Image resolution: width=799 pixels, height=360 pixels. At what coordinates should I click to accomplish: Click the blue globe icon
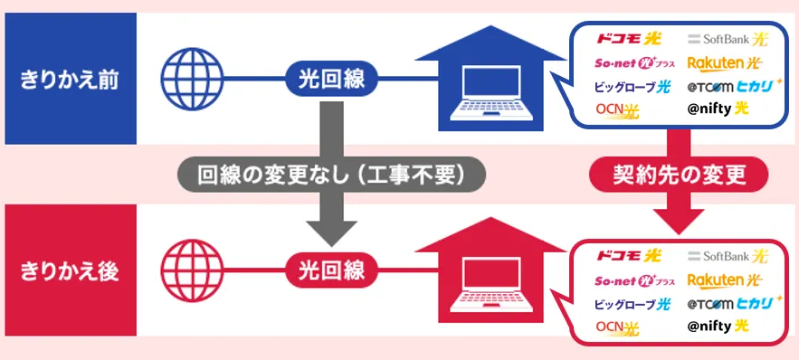click(x=192, y=79)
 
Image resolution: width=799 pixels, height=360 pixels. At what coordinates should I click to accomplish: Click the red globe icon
click(x=192, y=270)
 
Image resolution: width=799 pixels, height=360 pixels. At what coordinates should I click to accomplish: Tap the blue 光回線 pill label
click(x=331, y=79)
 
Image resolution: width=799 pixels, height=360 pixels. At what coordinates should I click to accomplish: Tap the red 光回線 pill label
click(x=331, y=270)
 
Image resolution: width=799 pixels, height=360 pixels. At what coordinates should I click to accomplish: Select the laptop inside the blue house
click(x=491, y=92)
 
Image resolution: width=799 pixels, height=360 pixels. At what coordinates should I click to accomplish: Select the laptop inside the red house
click(x=491, y=285)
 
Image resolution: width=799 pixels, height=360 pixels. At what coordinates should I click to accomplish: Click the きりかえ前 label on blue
click(x=70, y=81)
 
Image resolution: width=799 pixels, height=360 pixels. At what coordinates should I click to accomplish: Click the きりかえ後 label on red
click(x=70, y=271)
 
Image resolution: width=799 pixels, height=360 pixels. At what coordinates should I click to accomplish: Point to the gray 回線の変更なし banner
click(x=331, y=175)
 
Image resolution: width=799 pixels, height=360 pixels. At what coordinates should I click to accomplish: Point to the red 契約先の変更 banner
click(x=679, y=175)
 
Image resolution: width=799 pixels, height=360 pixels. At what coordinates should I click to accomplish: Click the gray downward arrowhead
click(x=331, y=233)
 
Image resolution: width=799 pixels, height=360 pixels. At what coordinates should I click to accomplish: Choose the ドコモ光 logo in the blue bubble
click(x=628, y=38)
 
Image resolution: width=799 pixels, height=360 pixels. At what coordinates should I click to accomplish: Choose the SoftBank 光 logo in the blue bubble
click(x=728, y=39)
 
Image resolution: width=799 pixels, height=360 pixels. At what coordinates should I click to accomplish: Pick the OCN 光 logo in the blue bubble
click(x=617, y=110)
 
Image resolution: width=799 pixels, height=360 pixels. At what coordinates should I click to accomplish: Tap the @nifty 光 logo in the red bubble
click(x=718, y=326)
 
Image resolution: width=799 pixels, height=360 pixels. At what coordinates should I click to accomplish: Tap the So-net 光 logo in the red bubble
click(x=635, y=280)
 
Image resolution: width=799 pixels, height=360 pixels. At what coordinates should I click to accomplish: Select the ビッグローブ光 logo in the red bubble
click(x=633, y=305)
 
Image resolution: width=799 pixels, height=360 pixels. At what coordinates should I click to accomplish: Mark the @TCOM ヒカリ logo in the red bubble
click(x=734, y=304)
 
